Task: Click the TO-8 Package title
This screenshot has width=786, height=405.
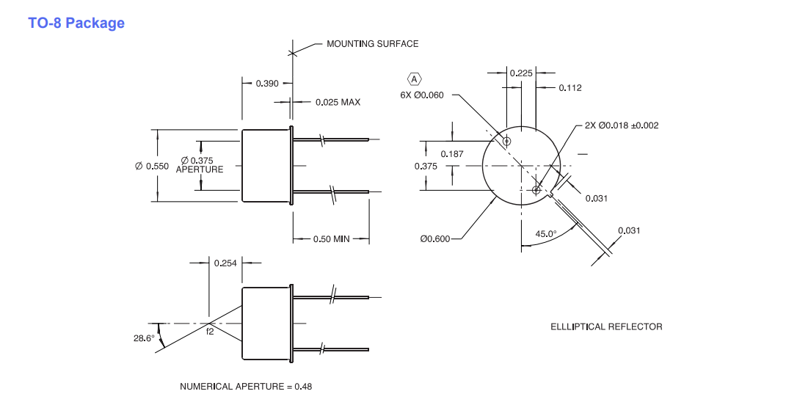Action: pyautogui.click(x=76, y=23)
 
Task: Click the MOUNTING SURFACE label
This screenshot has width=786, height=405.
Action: pyautogui.click(x=372, y=43)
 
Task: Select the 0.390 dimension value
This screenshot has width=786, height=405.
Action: pyautogui.click(x=267, y=83)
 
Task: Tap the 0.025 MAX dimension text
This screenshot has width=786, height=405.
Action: pyautogui.click(x=338, y=102)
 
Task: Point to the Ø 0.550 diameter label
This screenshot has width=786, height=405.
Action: pyautogui.click(x=152, y=166)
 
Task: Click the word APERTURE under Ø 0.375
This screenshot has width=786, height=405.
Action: pyautogui.click(x=200, y=169)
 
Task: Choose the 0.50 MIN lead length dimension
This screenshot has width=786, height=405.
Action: pyautogui.click(x=331, y=239)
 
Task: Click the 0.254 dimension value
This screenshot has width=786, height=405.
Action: pyautogui.click(x=225, y=263)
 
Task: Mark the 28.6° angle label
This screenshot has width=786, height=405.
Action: pyautogui.click(x=144, y=337)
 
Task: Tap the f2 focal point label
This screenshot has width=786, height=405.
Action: pyautogui.click(x=210, y=332)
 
